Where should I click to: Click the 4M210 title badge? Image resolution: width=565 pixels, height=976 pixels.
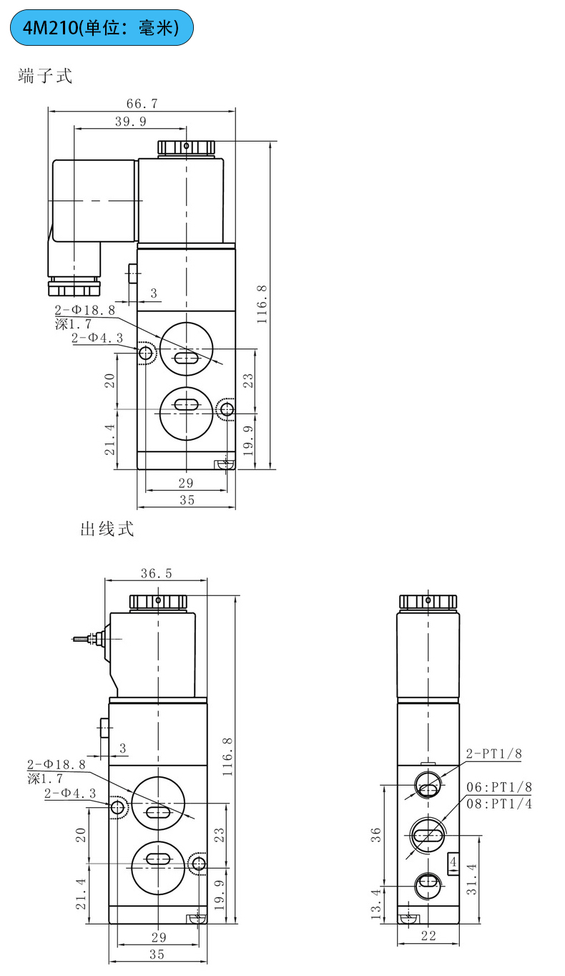coord(102,28)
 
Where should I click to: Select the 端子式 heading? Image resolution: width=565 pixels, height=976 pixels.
coord(45,76)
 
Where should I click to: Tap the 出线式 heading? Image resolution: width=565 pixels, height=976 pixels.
coord(107,530)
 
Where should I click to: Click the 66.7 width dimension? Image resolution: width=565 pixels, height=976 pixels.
coord(141,104)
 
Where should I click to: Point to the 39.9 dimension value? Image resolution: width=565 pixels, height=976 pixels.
coord(130,122)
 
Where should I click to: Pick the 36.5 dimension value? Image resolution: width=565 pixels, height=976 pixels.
coord(156,572)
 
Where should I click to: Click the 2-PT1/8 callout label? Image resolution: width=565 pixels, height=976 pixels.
coord(494,753)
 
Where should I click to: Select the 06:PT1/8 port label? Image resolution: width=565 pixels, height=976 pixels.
coord(499,788)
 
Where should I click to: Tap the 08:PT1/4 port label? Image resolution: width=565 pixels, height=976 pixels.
coord(499,804)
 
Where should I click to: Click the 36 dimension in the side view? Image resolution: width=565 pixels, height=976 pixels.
coord(376,834)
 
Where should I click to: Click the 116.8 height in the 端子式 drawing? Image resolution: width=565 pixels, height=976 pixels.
coord(262,304)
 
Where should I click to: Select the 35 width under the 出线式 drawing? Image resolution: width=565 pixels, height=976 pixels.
coord(157,954)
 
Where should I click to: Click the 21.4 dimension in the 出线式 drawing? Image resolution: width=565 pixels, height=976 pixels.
coord(81,894)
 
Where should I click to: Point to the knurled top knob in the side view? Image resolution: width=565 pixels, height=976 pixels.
coord(428,601)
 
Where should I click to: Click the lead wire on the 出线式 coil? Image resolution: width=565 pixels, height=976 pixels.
coord(84,638)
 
